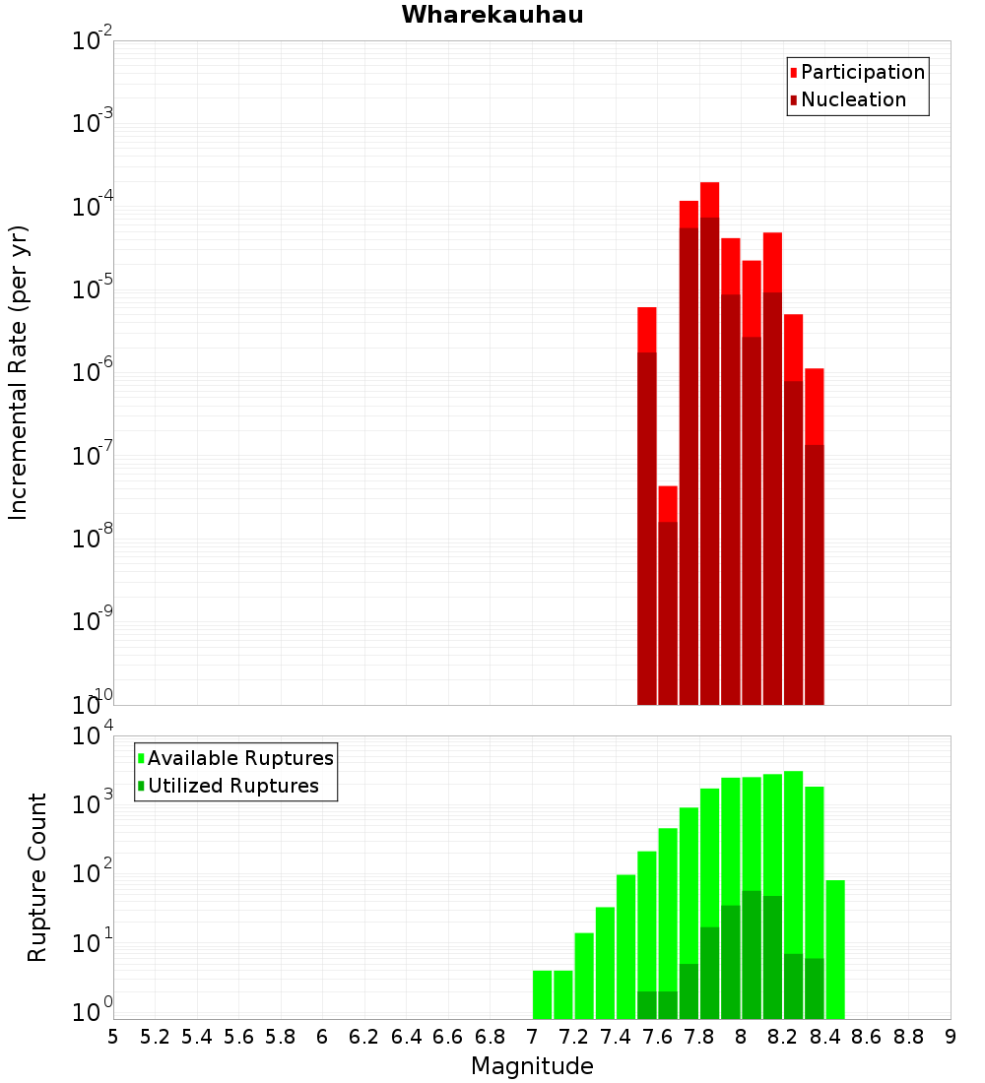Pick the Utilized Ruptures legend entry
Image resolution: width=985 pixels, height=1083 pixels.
(x=232, y=786)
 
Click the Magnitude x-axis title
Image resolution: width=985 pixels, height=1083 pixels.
(x=532, y=1066)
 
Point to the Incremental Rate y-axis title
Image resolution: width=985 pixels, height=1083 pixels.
(x=19, y=373)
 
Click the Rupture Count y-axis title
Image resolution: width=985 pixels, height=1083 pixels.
(x=37, y=877)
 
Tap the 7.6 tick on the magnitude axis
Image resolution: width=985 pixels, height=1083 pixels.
(x=657, y=1037)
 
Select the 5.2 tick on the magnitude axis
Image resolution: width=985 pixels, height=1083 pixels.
(x=156, y=1037)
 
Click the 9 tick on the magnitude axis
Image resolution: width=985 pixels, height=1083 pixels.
(x=951, y=1037)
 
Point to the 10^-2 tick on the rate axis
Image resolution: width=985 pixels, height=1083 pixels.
(x=92, y=41)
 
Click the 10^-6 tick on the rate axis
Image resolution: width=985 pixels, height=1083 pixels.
(x=92, y=373)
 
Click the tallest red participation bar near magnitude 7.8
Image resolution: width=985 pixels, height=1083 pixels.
(x=709, y=197)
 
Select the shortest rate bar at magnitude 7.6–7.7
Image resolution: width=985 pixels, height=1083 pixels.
(x=668, y=591)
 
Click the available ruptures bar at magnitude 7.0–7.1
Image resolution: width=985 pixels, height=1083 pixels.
(x=542, y=994)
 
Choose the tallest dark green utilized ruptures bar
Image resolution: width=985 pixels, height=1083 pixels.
(x=752, y=955)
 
